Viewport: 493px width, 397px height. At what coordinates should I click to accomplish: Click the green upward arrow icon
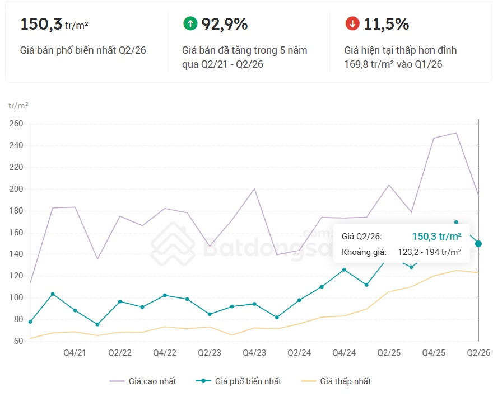click(190, 23)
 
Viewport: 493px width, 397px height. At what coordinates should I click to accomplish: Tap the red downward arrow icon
click(352, 23)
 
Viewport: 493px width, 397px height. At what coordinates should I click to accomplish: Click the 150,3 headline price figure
click(41, 24)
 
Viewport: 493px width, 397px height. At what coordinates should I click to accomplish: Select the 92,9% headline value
click(225, 24)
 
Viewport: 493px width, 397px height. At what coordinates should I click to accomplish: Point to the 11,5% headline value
click(387, 24)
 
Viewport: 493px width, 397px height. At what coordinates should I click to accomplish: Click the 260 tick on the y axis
click(16, 124)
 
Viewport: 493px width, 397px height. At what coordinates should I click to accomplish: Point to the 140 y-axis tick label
click(16, 254)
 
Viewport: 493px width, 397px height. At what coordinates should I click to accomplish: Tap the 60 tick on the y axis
click(18, 341)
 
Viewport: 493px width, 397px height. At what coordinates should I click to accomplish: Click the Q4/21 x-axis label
click(75, 353)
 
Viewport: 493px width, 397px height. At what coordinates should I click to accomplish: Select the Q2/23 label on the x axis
click(210, 353)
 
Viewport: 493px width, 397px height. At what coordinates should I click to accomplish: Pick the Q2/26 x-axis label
click(478, 353)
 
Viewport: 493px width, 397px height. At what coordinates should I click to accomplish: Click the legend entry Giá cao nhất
click(143, 381)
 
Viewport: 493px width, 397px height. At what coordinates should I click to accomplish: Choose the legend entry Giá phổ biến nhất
click(238, 381)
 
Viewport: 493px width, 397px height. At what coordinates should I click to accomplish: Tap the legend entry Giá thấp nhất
click(336, 381)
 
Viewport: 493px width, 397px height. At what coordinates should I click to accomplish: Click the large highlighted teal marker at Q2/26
click(478, 244)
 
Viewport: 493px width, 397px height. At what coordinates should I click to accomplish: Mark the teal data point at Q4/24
click(344, 270)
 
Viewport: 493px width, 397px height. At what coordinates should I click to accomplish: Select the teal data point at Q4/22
click(165, 295)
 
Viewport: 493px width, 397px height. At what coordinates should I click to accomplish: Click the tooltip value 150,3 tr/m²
click(437, 237)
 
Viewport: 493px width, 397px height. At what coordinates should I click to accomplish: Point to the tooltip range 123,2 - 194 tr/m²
click(430, 252)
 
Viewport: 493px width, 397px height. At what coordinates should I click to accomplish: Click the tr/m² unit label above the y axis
click(18, 106)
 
